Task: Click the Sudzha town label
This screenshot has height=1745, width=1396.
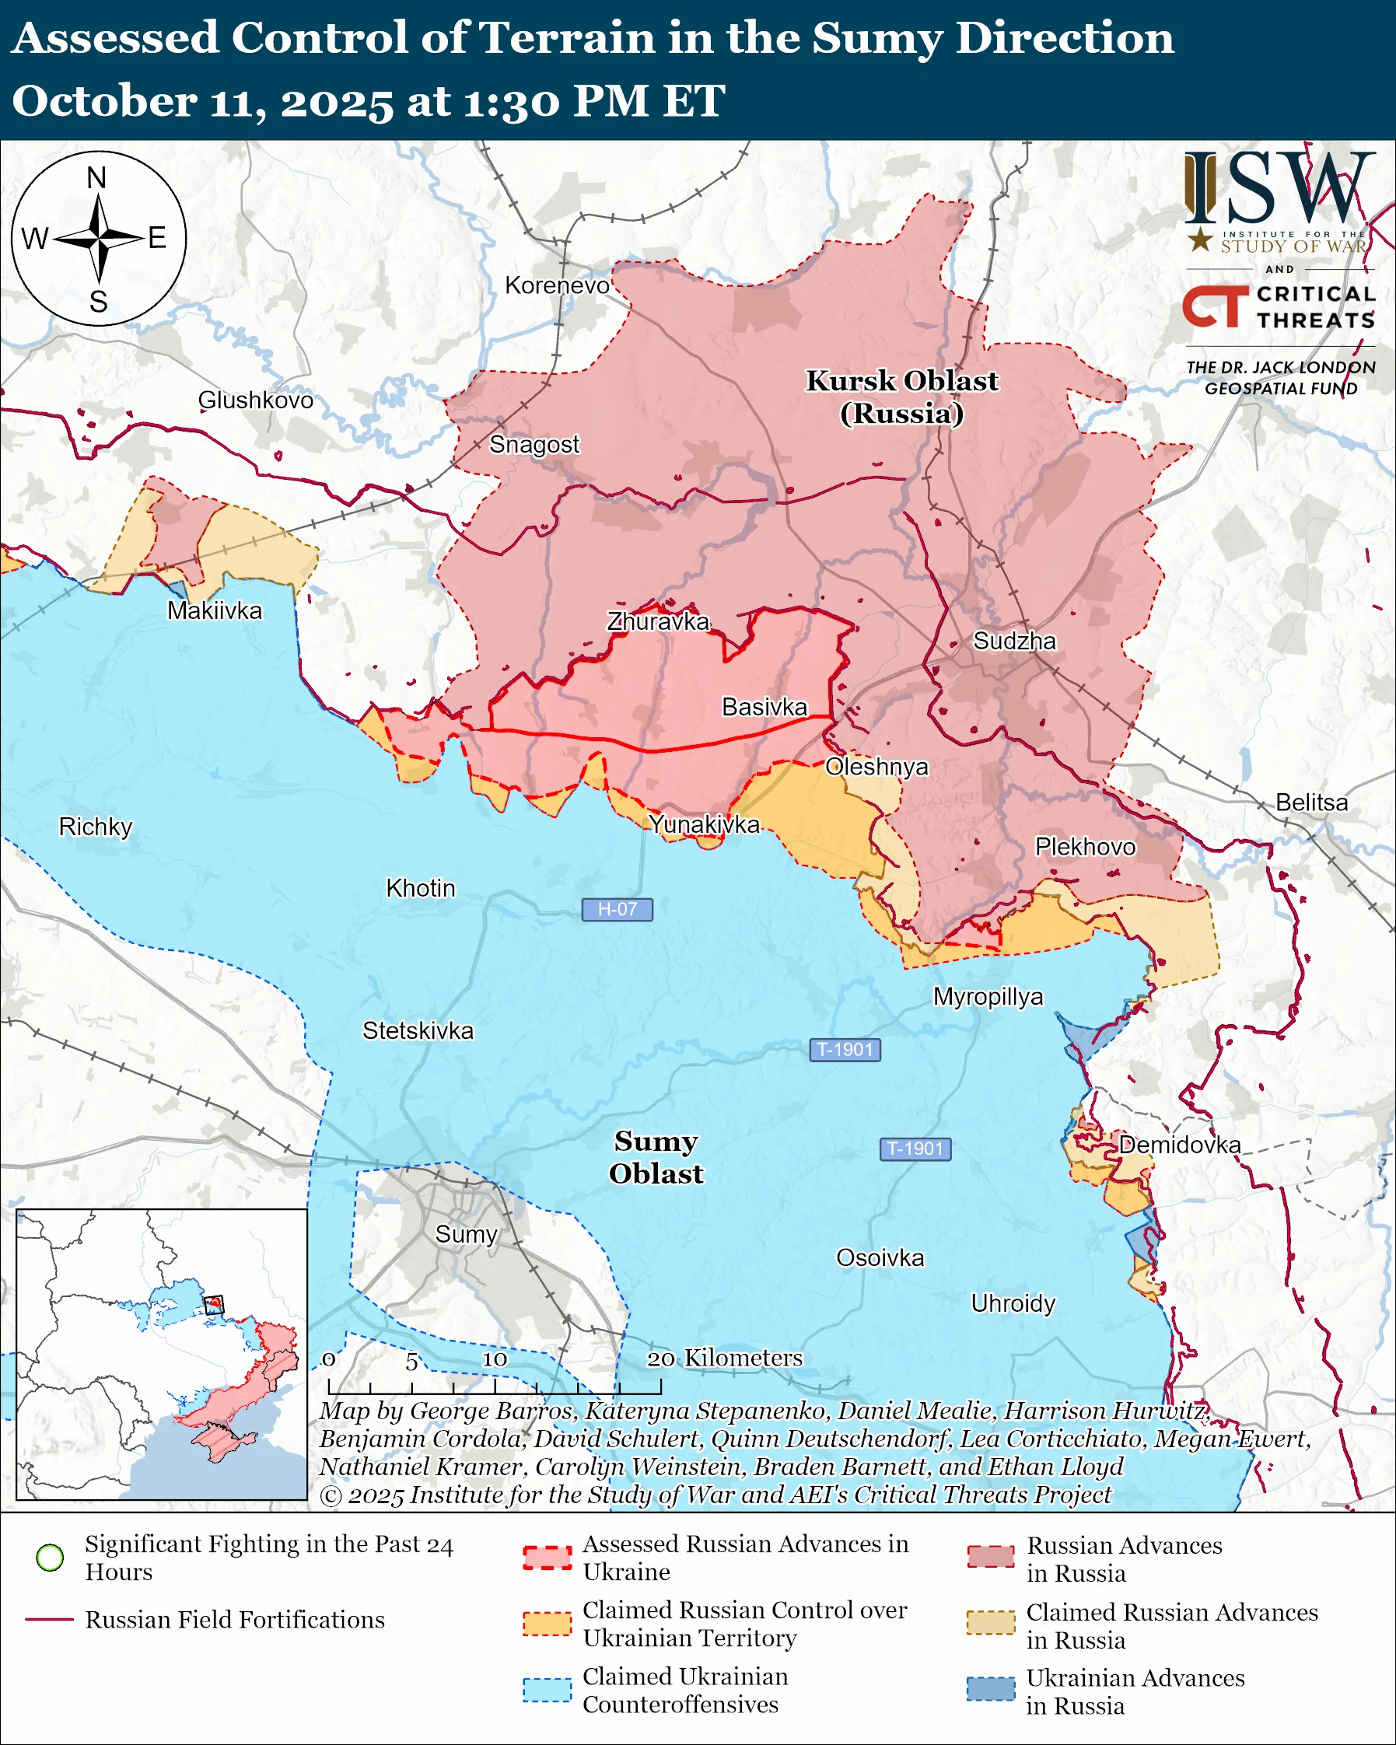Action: pyautogui.click(x=1014, y=641)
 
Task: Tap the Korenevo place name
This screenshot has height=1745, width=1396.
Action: pyautogui.click(x=557, y=285)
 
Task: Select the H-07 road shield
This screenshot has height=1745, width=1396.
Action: pyautogui.click(x=617, y=909)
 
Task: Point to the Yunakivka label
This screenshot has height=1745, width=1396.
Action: pyautogui.click(x=704, y=824)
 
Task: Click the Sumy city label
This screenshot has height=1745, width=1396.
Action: pyautogui.click(x=465, y=1233)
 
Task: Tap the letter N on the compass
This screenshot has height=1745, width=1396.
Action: pyautogui.click(x=96, y=178)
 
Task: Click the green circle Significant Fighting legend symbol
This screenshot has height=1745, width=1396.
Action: pyautogui.click(x=51, y=1558)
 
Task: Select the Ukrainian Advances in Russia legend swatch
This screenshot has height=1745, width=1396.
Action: pyautogui.click(x=991, y=1689)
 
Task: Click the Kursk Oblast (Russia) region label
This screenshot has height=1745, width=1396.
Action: pyautogui.click(x=901, y=397)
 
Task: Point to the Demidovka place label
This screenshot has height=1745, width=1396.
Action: pyautogui.click(x=1179, y=1145)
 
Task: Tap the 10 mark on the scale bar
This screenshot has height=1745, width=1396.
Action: pyautogui.click(x=495, y=1359)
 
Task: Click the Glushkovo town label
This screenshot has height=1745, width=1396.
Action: pyautogui.click(x=256, y=400)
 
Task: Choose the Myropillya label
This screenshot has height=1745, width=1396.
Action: pyautogui.click(x=988, y=995)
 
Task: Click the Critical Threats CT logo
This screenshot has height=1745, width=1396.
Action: pyautogui.click(x=1214, y=306)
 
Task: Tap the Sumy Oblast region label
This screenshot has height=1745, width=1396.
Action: pyautogui.click(x=656, y=1156)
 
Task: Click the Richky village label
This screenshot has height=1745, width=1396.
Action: pyautogui.click(x=96, y=827)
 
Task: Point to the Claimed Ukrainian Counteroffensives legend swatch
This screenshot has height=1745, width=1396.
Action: pyautogui.click(x=547, y=1690)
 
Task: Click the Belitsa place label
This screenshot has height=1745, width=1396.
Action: pyautogui.click(x=1311, y=802)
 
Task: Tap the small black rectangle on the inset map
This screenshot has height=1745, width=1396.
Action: pyautogui.click(x=213, y=1304)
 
